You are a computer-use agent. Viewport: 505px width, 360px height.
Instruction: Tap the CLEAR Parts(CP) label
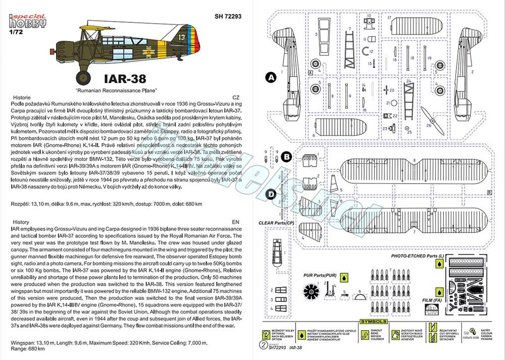point(276,223)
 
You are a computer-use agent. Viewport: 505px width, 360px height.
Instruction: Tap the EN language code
point(235,222)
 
